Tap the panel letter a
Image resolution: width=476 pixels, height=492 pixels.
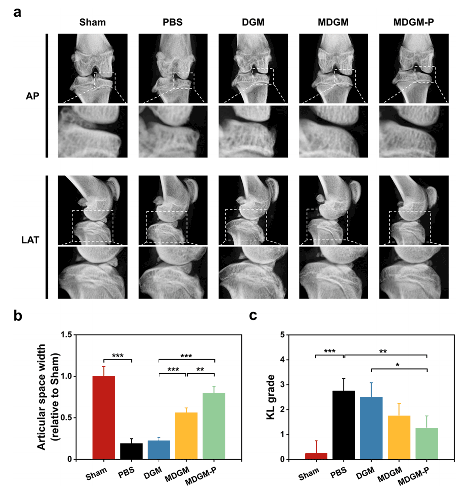tap(18, 12)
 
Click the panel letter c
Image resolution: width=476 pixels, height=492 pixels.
tap(254, 315)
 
